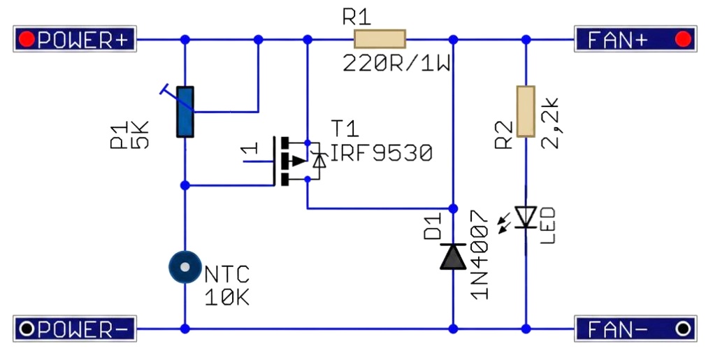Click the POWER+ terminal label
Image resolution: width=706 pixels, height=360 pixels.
pyautogui.click(x=75, y=39)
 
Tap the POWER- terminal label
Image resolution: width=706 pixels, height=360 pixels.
pyautogui.click(x=75, y=329)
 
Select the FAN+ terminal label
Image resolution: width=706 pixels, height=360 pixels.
pyautogui.click(x=635, y=39)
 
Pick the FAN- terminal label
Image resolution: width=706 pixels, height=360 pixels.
pyautogui.click(x=635, y=329)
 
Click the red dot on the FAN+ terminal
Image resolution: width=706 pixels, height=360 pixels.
pyautogui.click(x=683, y=39)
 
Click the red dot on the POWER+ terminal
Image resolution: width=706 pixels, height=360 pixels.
pyautogui.click(x=27, y=39)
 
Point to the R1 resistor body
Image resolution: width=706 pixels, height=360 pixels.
pyautogui.click(x=380, y=39)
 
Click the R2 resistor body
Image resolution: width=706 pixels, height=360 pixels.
pyautogui.click(x=526, y=111)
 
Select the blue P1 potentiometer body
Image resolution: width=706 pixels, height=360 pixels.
pyautogui.click(x=185, y=112)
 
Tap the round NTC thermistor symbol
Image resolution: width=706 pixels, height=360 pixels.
pyautogui.click(x=185, y=267)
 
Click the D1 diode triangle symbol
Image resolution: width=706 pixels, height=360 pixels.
pyautogui.click(x=453, y=256)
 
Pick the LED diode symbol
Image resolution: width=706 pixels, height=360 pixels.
pyautogui.click(x=526, y=217)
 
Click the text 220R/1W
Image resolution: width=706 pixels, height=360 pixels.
pyautogui.click(x=396, y=64)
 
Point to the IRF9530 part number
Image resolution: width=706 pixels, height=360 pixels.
pyautogui.click(x=382, y=153)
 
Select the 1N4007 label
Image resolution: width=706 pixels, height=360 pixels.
pyautogui.click(x=479, y=254)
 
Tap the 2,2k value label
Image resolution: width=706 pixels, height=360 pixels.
pyautogui.click(x=549, y=122)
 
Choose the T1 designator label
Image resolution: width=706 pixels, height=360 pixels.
pyautogui.click(x=345, y=128)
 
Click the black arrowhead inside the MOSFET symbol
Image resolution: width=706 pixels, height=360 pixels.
pyautogui.click(x=298, y=161)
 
